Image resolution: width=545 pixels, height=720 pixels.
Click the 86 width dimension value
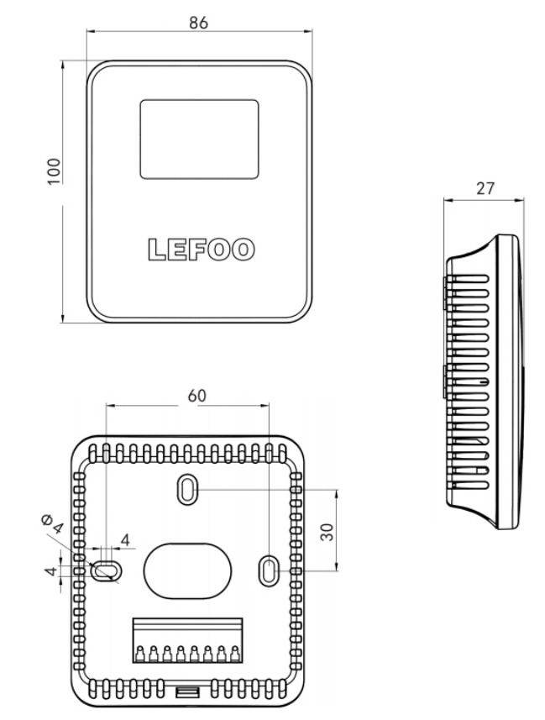click(x=198, y=23)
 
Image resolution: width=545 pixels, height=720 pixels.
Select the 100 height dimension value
click(x=54, y=171)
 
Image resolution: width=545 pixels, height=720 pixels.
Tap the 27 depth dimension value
click(x=485, y=188)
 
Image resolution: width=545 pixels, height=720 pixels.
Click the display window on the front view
click(x=199, y=139)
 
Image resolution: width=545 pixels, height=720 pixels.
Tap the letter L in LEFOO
click(x=156, y=250)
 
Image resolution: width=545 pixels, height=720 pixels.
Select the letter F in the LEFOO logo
click(x=199, y=250)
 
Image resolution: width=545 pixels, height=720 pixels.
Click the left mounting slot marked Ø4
click(x=105, y=570)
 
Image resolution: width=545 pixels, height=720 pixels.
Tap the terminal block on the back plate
click(x=186, y=641)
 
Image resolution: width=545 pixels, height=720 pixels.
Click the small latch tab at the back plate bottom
click(x=187, y=691)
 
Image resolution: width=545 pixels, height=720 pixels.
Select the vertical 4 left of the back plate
click(x=50, y=571)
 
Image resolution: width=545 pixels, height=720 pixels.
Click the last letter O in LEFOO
click(x=244, y=250)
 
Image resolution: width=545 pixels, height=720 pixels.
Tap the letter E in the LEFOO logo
click(x=177, y=250)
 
